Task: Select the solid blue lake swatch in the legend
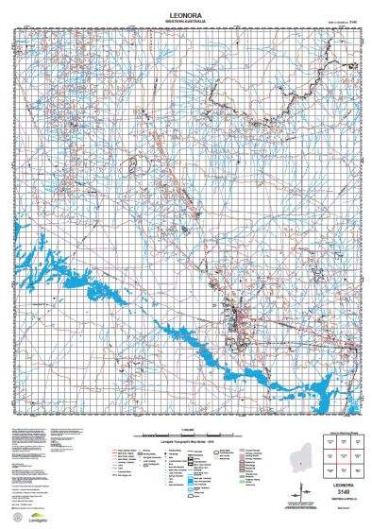point(194,456)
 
